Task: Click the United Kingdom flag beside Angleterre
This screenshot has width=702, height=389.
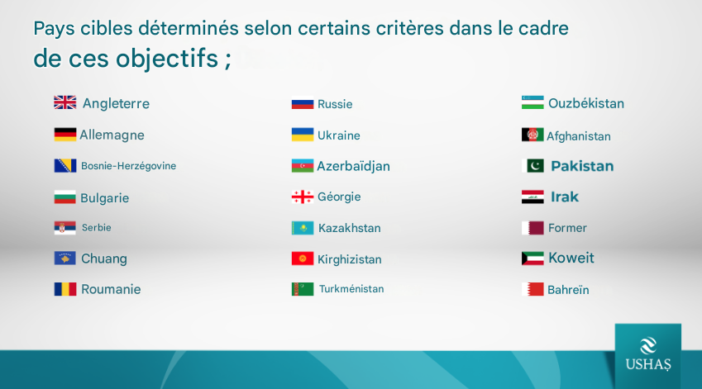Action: (x=65, y=102)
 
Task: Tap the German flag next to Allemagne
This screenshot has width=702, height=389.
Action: (x=65, y=135)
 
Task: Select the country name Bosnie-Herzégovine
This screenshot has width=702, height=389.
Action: (x=128, y=166)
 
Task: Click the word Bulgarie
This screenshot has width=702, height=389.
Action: (x=105, y=198)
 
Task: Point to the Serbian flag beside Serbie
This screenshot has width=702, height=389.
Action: (x=65, y=228)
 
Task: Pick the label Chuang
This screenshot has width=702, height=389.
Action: (x=104, y=259)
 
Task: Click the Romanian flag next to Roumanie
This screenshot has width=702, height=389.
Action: (x=65, y=289)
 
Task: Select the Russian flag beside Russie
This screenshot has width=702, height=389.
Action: (x=303, y=104)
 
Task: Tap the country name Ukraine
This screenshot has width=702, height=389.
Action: (x=339, y=135)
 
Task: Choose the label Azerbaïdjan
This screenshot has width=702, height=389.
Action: (x=354, y=166)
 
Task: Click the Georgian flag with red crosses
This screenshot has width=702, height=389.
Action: (x=303, y=197)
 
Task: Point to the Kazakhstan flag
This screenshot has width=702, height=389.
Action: (x=303, y=228)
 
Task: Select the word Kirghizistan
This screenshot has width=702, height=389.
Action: (x=350, y=259)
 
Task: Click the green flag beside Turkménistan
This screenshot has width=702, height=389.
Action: (x=303, y=289)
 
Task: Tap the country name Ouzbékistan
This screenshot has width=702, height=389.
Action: (x=586, y=103)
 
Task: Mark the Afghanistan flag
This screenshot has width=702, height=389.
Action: (x=532, y=135)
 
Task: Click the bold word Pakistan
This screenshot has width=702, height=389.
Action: (x=582, y=166)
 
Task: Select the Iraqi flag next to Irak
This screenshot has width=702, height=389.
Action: (x=532, y=197)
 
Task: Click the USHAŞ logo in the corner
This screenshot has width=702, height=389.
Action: (x=648, y=355)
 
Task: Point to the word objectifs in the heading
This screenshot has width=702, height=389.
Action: (x=167, y=59)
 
